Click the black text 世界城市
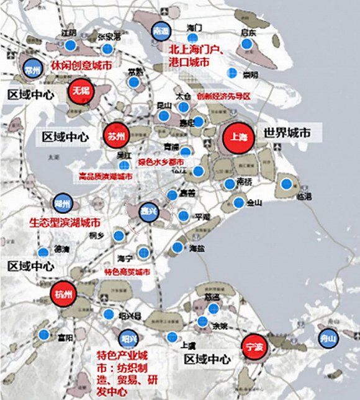click(x=286, y=133)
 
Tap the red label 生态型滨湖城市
click(x=65, y=221)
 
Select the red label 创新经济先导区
click(x=223, y=96)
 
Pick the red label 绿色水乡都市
click(x=160, y=162)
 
